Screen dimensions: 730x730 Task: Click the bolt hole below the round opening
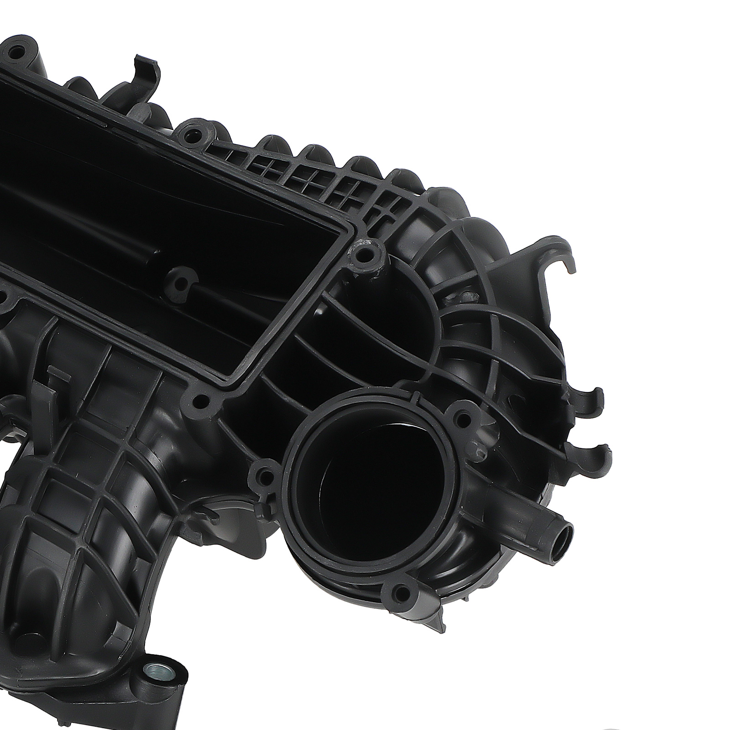click(x=401, y=591)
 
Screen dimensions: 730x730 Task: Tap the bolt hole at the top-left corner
click(x=16, y=52)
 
